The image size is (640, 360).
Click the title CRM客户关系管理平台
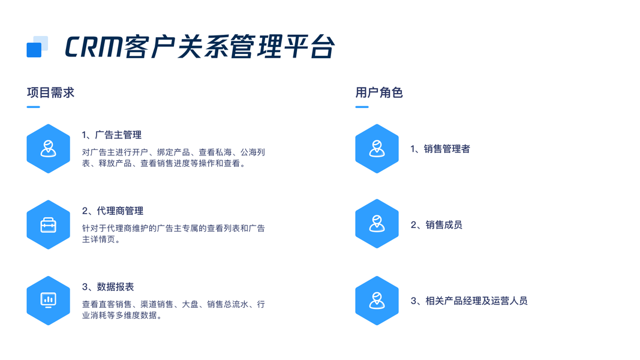tap(199, 47)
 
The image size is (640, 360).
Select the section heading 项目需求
tap(50, 92)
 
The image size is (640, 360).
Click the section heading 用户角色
tap(378, 92)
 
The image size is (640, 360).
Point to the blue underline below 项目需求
tap(33, 107)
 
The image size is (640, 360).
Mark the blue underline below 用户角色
tap(362, 107)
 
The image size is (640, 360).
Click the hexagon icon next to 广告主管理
tap(49, 149)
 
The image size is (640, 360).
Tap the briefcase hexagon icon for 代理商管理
tap(49, 225)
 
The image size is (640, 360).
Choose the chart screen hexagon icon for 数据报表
tap(49, 301)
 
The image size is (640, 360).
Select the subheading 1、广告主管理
tap(112, 135)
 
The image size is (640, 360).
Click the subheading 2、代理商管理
tap(113, 211)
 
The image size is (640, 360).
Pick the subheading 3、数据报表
tap(108, 287)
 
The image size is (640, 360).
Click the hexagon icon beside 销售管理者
tap(377, 149)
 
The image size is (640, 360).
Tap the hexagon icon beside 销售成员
tap(377, 224)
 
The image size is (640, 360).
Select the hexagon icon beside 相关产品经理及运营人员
tap(377, 301)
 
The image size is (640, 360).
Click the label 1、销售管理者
tap(440, 149)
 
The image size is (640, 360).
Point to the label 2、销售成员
tap(436, 225)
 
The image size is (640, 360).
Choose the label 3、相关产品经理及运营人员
tap(468, 301)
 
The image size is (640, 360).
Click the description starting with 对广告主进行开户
tap(173, 158)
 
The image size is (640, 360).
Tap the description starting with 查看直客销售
tap(173, 310)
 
